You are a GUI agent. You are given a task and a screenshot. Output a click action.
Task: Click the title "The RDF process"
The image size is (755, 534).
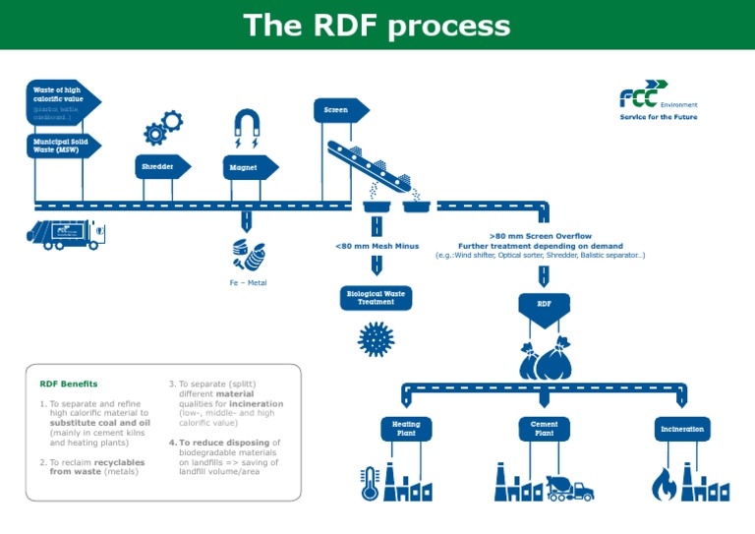pyautogui.click(x=377, y=25)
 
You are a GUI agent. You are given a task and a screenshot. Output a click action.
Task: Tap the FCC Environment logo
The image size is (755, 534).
pyautogui.click(x=658, y=101)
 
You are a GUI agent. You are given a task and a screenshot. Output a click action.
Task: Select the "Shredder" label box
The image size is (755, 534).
pyautogui.click(x=160, y=167)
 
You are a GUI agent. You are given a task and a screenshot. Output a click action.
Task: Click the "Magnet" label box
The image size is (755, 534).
pyautogui.click(x=247, y=168)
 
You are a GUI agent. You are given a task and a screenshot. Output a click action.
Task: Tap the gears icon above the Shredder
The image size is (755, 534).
pyautogui.click(x=162, y=127)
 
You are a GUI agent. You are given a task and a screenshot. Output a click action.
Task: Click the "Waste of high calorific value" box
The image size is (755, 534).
pyautogui.click(x=58, y=101)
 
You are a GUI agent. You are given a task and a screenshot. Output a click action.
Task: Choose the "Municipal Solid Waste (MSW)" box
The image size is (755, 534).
pyautogui.click(x=58, y=146)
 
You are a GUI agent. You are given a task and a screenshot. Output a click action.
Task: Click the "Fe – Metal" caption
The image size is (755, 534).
pyautogui.click(x=248, y=282)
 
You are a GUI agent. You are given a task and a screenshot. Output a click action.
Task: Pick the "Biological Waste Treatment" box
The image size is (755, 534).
pyautogui.click(x=376, y=297)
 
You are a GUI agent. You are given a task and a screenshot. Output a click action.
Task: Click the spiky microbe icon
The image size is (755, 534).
pyautogui.click(x=376, y=338)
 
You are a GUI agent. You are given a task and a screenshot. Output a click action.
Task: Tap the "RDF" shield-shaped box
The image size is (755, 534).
pyautogui.click(x=544, y=307)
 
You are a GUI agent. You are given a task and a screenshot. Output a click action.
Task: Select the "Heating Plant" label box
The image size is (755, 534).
pyautogui.click(x=406, y=429)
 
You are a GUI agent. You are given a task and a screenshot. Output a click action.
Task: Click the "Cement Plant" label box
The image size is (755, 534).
pyautogui.click(x=544, y=429)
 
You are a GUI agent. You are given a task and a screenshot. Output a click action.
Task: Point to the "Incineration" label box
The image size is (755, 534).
pyautogui.click(x=682, y=429)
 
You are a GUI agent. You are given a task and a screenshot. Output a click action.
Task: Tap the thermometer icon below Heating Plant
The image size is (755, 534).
pyautogui.click(x=371, y=482)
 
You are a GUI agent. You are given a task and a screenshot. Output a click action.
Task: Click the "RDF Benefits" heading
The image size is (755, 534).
pyautogui.click(x=68, y=384)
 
